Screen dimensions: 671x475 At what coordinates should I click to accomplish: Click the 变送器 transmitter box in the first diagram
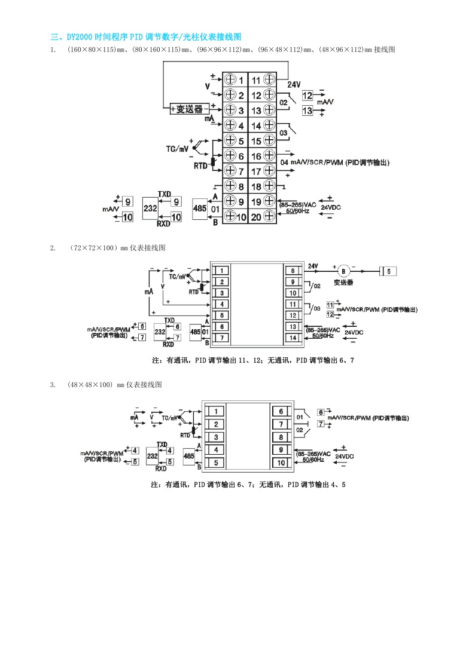pyautogui.click(x=189, y=109)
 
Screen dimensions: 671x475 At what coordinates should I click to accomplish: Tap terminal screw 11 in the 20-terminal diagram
pyautogui.click(x=269, y=79)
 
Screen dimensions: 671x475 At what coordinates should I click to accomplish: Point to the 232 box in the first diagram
pyautogui.click(x=150, y=208)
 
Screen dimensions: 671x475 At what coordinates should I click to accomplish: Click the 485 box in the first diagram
pyautogui.click(x=199, y=209)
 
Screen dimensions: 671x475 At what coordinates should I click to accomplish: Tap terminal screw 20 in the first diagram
pyautogui.click(x=269, y=217)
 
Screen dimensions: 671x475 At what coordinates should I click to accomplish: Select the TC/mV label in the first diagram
pyautogui.click(x=177, y=147)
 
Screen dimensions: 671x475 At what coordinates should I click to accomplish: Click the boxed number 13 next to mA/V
pyautogui.click(x=307, y=111)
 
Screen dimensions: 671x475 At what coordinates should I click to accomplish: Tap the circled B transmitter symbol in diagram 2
pyautogui.click(x=343, y=271)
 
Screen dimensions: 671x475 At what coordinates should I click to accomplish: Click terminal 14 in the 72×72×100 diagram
pyautogui.click(x=293, y=338)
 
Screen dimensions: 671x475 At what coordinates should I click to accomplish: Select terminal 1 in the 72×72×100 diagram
pyautogui.click(x=221, y=271)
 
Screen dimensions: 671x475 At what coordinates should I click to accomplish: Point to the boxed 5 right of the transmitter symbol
pyautogui.click(x=389, y=271)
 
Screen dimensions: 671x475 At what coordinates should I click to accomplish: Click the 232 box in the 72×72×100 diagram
pyautogui.click(x=160, y=332)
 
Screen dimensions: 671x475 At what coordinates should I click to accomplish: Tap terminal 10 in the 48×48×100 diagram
pyautogui.click(x=281, y=462)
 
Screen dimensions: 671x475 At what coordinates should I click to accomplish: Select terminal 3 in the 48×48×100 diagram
pyautogui.click(x=215, y=437)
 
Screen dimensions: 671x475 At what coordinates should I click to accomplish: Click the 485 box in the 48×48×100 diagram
pyautogui.click(x=189, y=456)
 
